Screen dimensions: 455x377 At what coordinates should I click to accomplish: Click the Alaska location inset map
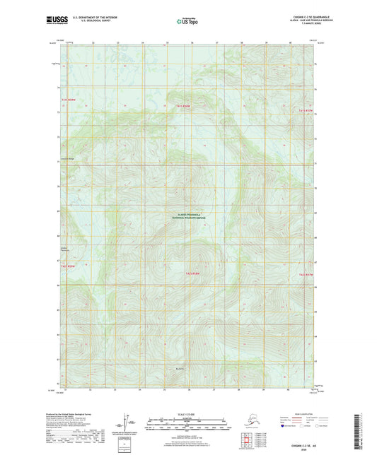coord(248,420)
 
